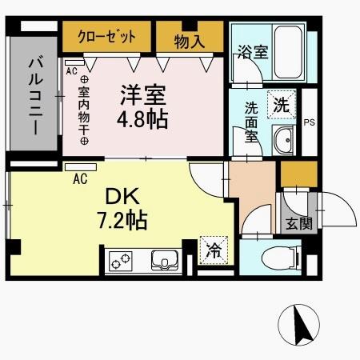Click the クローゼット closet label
107,37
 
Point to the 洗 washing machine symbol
281,104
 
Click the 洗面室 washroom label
250,120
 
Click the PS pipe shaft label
309,122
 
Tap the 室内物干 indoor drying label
82,113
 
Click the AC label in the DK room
80,179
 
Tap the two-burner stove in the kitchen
121,262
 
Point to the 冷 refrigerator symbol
212,250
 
